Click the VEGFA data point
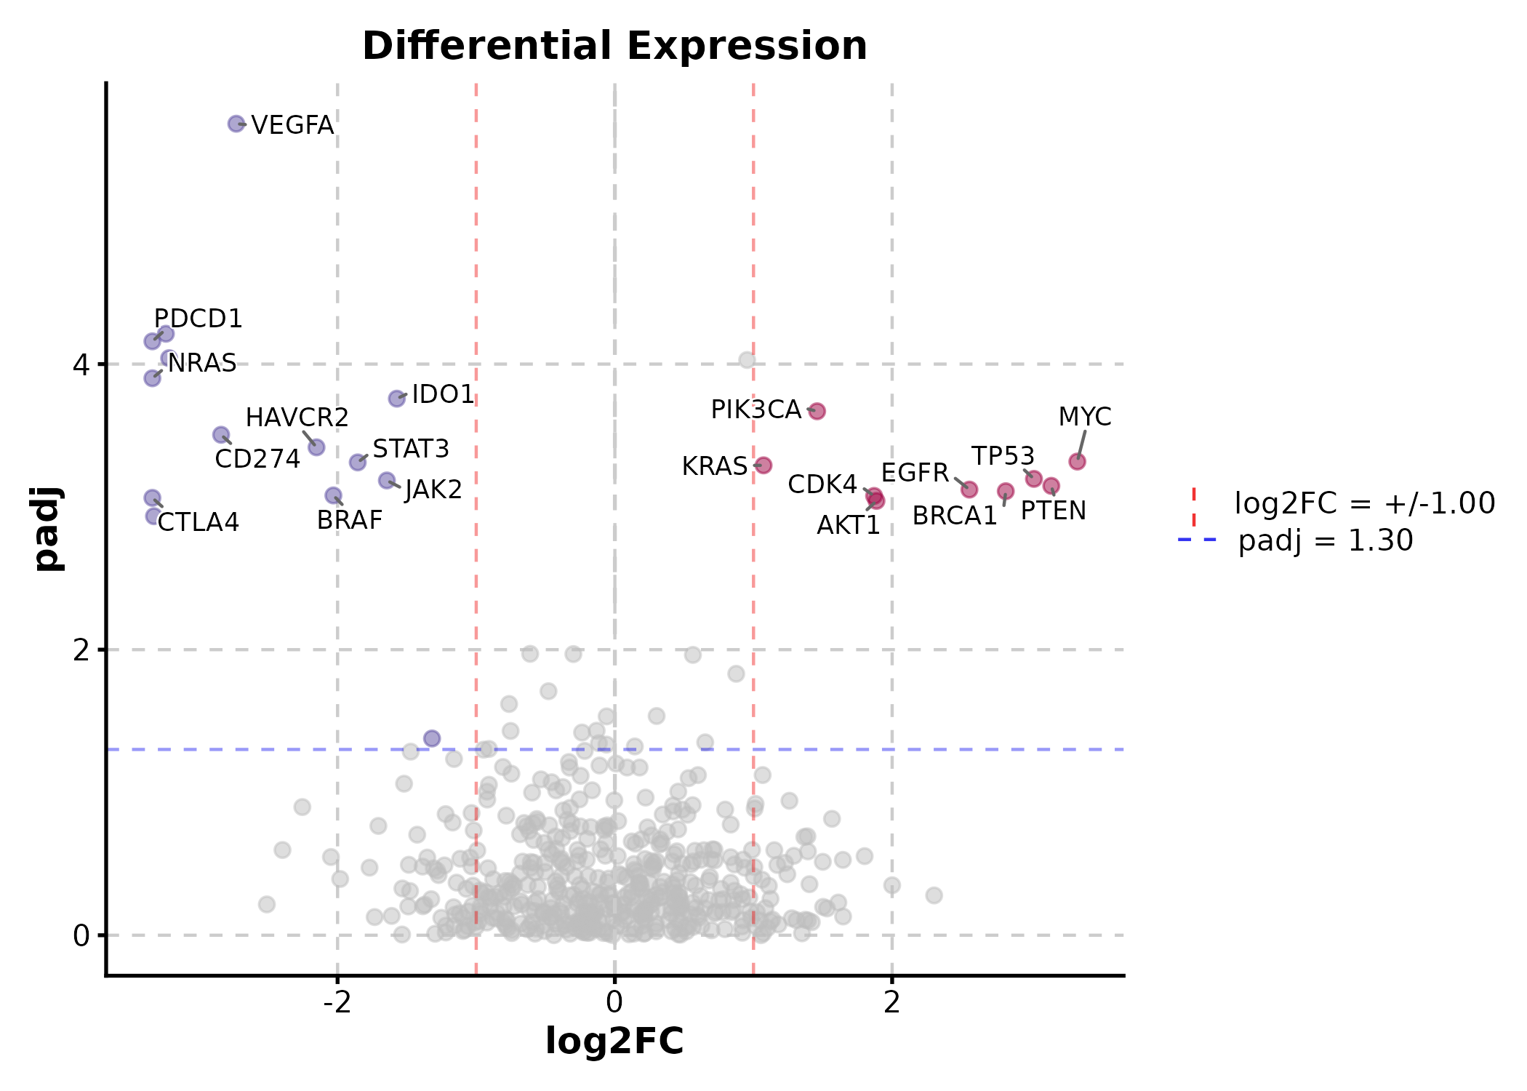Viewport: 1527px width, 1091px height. (x=236, y=124)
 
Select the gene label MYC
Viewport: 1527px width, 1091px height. (x=1084, y=417)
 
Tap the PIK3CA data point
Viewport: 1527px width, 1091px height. (x=817, y=411)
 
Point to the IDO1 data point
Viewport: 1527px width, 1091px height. (x=396, y=398)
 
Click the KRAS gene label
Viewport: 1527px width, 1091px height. (x=714, y=466)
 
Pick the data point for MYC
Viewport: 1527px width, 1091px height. (x=1077, y=461)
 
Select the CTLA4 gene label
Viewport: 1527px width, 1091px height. (x=198, y=522)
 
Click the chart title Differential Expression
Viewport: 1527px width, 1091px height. (x=614, y=46)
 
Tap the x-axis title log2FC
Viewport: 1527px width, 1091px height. (x=614, y=1041)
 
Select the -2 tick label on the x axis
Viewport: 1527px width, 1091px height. (x=337, y=1002)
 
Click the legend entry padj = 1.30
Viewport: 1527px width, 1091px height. (x=1325, y=540)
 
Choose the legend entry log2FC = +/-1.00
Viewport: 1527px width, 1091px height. (x=1364, y=503)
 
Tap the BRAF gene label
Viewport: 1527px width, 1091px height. (x=349, y=520)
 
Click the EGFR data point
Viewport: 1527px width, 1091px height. (x=969, y=489)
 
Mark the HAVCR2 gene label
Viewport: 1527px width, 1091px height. (x=297, y=417)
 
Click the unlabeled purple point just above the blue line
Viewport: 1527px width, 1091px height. (x=432, y=738)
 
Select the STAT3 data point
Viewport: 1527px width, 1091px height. (x=357, y=462)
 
